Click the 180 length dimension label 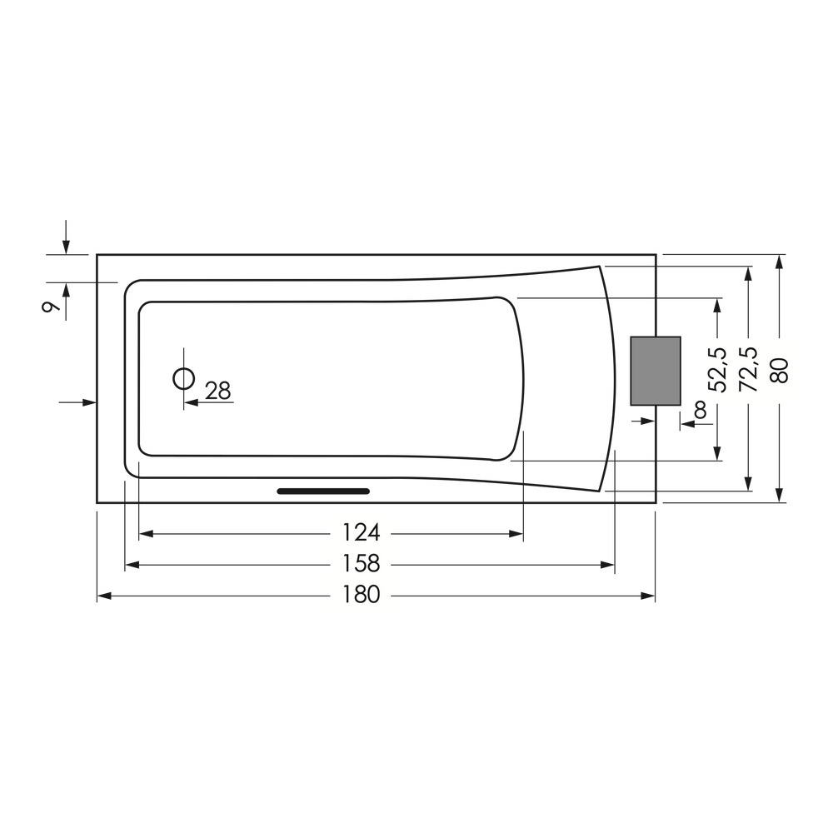[361, 595]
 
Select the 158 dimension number [361, 564]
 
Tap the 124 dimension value [361, 532]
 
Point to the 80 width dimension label [780, 371]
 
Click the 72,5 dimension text [748, 369]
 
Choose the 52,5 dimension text [717, 369]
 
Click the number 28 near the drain [217, 391]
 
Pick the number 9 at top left [50, 307]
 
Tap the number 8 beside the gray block [701, 410]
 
